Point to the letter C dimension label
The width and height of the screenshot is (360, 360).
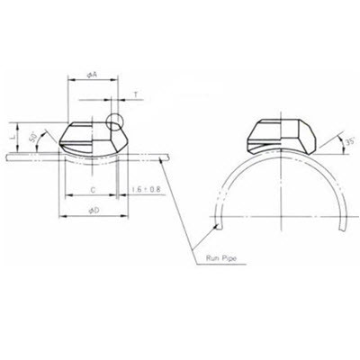click(x=93, y=191)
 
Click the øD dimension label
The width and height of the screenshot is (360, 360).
click(x=93, y=210)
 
